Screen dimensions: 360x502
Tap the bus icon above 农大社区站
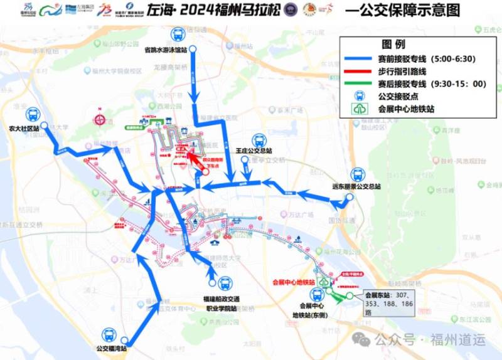33,115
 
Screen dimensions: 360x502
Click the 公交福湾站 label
112,349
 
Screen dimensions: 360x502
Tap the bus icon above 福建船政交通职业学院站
224,283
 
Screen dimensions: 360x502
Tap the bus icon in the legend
359,96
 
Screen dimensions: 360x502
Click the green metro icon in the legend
358,109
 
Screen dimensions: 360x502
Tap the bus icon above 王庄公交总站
258,140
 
